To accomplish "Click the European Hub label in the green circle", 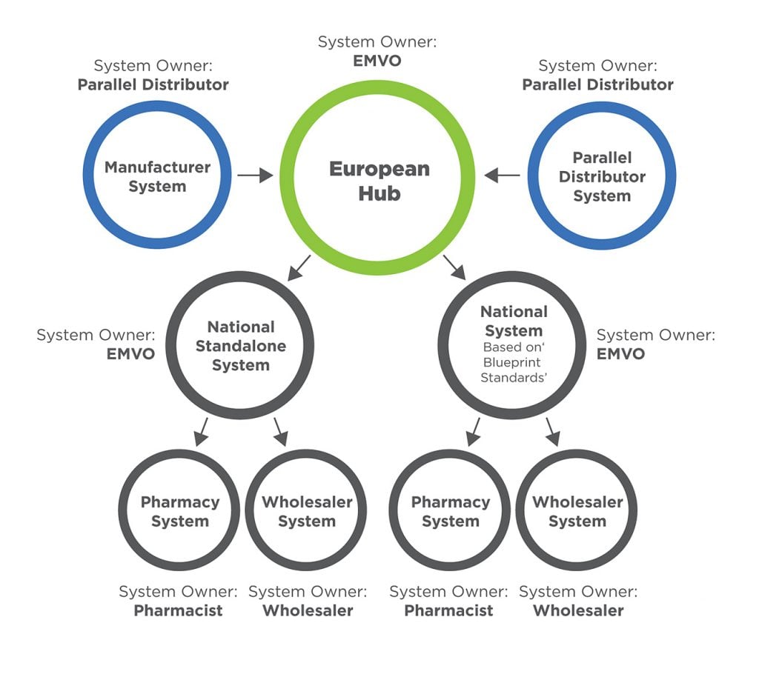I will [x=379, y=181].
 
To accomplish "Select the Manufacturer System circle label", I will [x=157, y=177].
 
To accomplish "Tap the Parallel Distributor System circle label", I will [x=602, y=177].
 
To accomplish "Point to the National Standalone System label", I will [x=241, y=346].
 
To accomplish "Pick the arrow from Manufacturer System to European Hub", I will [x=256, y=176].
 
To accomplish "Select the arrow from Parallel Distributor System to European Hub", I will [x=503, y=176].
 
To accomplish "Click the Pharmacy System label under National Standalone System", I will [x=180, y=511].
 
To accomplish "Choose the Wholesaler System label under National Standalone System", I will [x=307, y=511].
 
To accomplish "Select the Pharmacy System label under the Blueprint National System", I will [x=451, y=511].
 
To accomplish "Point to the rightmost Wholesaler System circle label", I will [x=577, y=511].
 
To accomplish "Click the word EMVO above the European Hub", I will [x=378, y=61].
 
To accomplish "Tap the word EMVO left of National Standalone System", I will [x=130, y=353].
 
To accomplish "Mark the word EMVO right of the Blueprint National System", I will [x=620, y=353].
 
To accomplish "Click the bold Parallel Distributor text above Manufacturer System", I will [x=153, y=84].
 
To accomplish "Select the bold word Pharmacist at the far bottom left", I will [x=178, y=611].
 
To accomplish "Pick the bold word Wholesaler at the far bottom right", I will [x=578, y=611].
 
